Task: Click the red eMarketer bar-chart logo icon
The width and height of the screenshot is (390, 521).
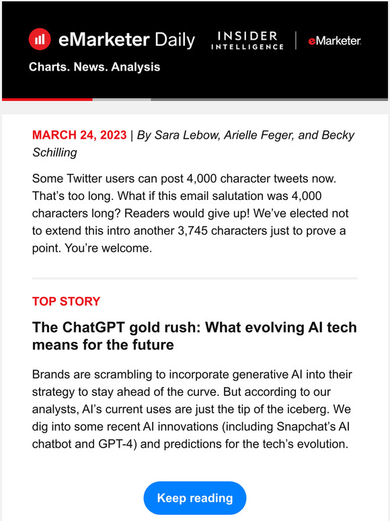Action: pos(40,39)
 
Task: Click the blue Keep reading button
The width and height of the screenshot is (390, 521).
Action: pos(195,498)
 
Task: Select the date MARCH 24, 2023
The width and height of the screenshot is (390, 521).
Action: pos(79,135)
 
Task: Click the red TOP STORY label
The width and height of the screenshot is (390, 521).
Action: pos(66,301)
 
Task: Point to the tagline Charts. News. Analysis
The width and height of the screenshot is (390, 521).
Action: pos(94,67)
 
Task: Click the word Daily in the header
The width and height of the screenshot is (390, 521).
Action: pos(173,40)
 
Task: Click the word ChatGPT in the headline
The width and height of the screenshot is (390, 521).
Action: pos(87,328)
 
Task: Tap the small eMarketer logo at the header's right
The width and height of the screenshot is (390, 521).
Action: pos(334,41)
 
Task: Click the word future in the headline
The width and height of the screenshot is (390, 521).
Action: pos(153,345)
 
